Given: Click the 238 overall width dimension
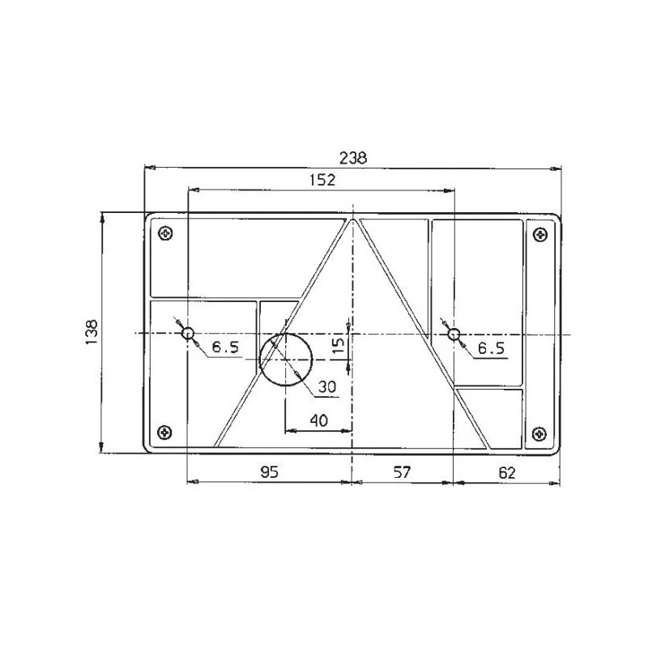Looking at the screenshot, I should click(353, 158).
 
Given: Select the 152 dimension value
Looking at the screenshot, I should click(322, 181).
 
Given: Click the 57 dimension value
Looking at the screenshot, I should click(403, 473).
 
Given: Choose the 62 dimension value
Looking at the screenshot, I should click(507, 473).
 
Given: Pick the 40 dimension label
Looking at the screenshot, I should click(319, 420).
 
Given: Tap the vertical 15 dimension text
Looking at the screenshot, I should click(339, 347).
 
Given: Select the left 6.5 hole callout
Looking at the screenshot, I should click(225, 348).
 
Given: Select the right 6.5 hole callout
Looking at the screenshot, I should click(491, 348).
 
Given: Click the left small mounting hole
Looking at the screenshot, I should click(188, 334).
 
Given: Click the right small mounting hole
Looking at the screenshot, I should click(454, 334).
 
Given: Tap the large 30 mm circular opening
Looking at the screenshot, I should click(286, 358).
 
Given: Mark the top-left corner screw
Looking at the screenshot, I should click(165, 234).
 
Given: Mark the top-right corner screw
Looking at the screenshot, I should click(540, 235).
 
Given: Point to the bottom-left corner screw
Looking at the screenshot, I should click(165, 432).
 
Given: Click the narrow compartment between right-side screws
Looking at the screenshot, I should click(540, 332).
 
